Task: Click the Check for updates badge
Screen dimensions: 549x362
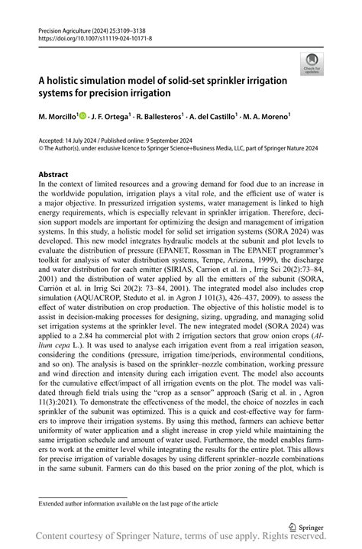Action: (x=312, y=63)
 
